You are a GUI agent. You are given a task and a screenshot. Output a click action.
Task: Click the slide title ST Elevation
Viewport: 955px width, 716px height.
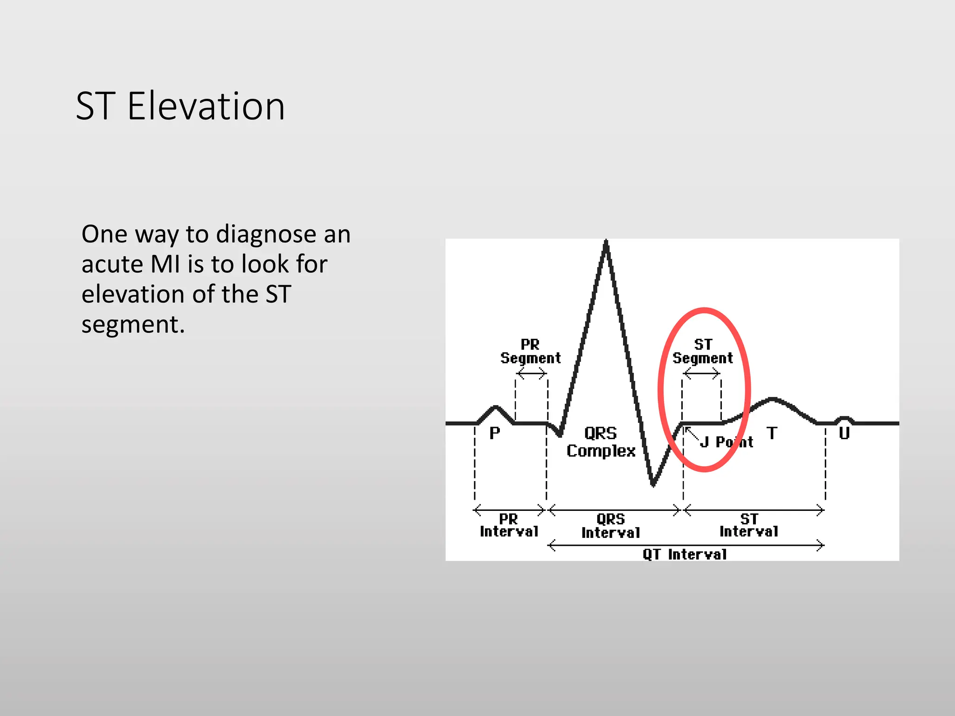pos(180,106)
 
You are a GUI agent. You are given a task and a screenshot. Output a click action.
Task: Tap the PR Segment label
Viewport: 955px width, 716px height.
pos(530,351)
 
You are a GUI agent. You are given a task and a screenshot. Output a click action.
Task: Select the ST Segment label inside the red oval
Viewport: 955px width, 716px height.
pos(703,351)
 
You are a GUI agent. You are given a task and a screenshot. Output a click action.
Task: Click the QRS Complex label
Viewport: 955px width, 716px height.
pos(601,442)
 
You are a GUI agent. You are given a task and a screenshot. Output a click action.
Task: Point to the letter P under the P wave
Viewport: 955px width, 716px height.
pos(495,433)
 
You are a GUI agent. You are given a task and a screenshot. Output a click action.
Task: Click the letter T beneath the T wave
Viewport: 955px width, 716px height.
pos(772,433)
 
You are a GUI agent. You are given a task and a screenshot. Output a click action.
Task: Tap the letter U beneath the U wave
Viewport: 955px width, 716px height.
pos(844,433)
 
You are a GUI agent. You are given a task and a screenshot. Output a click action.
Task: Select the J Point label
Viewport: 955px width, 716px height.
pos(727,442)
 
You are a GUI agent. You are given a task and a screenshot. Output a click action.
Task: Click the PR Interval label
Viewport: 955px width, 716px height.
pos(509,525)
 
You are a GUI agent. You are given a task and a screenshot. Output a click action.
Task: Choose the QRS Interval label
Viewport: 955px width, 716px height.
pos(610,526)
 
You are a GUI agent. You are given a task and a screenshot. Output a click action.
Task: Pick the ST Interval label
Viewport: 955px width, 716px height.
pos(749,525)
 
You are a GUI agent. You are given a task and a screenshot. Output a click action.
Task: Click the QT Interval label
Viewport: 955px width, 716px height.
pos(685,554)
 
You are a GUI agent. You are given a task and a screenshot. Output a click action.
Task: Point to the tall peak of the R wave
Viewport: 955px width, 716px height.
pos(606,242)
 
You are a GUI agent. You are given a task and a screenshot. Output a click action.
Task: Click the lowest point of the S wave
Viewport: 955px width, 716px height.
pos(653,485)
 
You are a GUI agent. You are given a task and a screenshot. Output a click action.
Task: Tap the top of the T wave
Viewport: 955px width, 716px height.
pos(773,399)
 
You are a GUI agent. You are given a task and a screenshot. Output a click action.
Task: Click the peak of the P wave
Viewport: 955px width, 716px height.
pos(496,407)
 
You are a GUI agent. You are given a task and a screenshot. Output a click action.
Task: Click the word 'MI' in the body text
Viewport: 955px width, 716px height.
pos(166,264)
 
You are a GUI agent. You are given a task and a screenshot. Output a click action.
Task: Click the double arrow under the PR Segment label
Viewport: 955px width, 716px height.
pos(531,373)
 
